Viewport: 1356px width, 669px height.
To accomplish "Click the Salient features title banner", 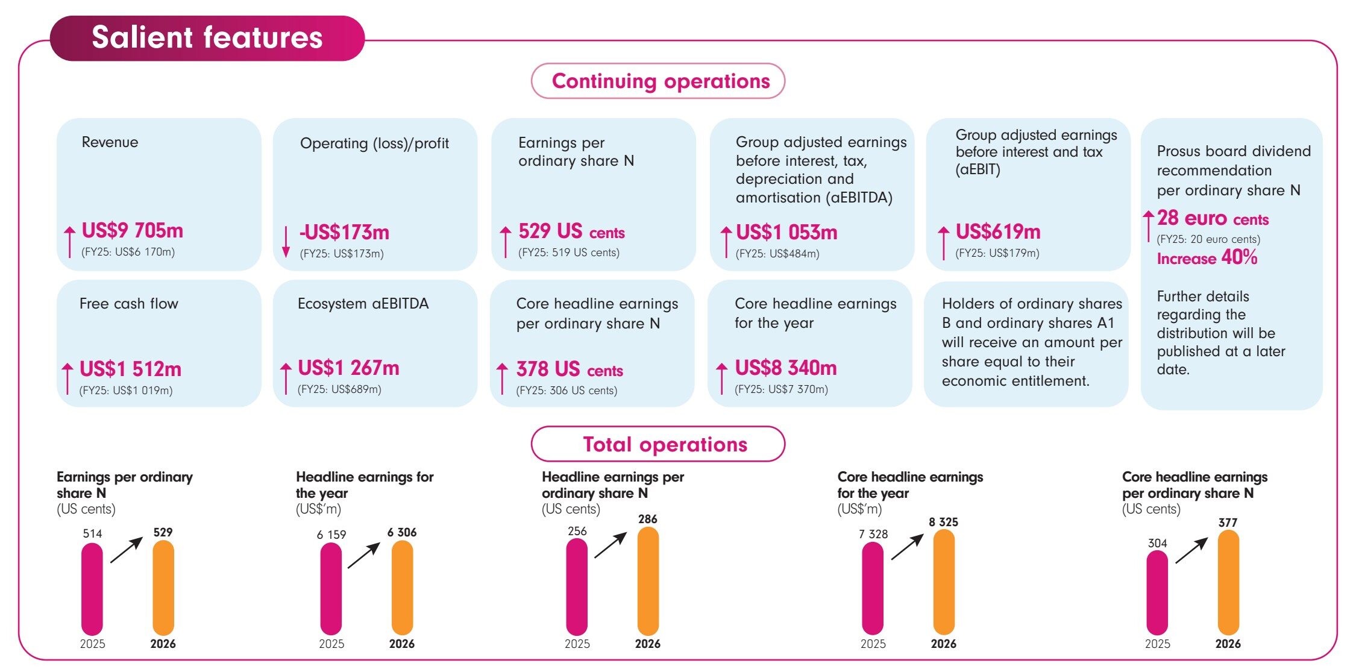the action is click(207, 38).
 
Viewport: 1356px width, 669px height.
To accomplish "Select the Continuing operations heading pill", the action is click(658, 81).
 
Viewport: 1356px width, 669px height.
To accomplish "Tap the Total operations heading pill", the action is click(658, 444).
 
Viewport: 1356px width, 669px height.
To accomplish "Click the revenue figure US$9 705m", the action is click(132, 230).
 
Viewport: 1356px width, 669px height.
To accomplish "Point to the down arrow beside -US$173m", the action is click(286, 242).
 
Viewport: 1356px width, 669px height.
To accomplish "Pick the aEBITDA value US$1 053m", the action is click(786, 232).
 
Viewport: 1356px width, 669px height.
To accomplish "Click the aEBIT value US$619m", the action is click(998, 231).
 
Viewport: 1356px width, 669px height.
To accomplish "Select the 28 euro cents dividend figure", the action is click(1213, 218).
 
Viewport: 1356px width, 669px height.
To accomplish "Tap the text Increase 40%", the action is click(1207, 258).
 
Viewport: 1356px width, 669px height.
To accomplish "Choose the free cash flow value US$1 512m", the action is click(130, 369).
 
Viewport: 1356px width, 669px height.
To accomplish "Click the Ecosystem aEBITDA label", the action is click(363, 303).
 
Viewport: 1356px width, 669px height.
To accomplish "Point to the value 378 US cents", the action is click(570, 369).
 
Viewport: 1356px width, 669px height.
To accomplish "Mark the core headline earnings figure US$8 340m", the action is click(786, 368).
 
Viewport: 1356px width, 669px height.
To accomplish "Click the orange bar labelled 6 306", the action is click(403, 588).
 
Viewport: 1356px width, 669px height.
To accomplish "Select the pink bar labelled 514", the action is click(92, 589).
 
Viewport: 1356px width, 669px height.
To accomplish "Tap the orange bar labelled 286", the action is click(648, 581).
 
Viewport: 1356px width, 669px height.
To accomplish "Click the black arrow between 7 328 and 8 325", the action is click(908, 547).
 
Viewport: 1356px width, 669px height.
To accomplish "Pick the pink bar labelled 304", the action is click(1157, 593).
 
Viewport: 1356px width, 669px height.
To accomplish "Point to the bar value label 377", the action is click(1228, 523).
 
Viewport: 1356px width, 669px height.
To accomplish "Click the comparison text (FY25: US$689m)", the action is click(339, 389).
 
